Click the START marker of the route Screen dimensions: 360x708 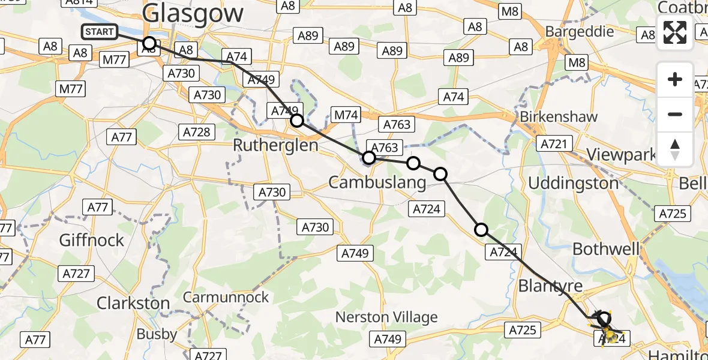click(x=100, y=32)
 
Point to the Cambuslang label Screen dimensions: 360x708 click(x=377, y=182)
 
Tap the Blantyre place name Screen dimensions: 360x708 click(x=550, y=286)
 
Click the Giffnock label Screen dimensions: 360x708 click(x=91, y=240)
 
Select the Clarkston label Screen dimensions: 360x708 click(x=133, y=303)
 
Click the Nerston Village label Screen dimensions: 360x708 click(x=386, y=317)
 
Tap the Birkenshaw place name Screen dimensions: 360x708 click(x=559, y=116)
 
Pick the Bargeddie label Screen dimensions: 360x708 click(x=580, y=31)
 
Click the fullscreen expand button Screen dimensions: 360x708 click(x=675, y=32)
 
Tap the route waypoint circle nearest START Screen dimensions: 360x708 click(x=149, y=43)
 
